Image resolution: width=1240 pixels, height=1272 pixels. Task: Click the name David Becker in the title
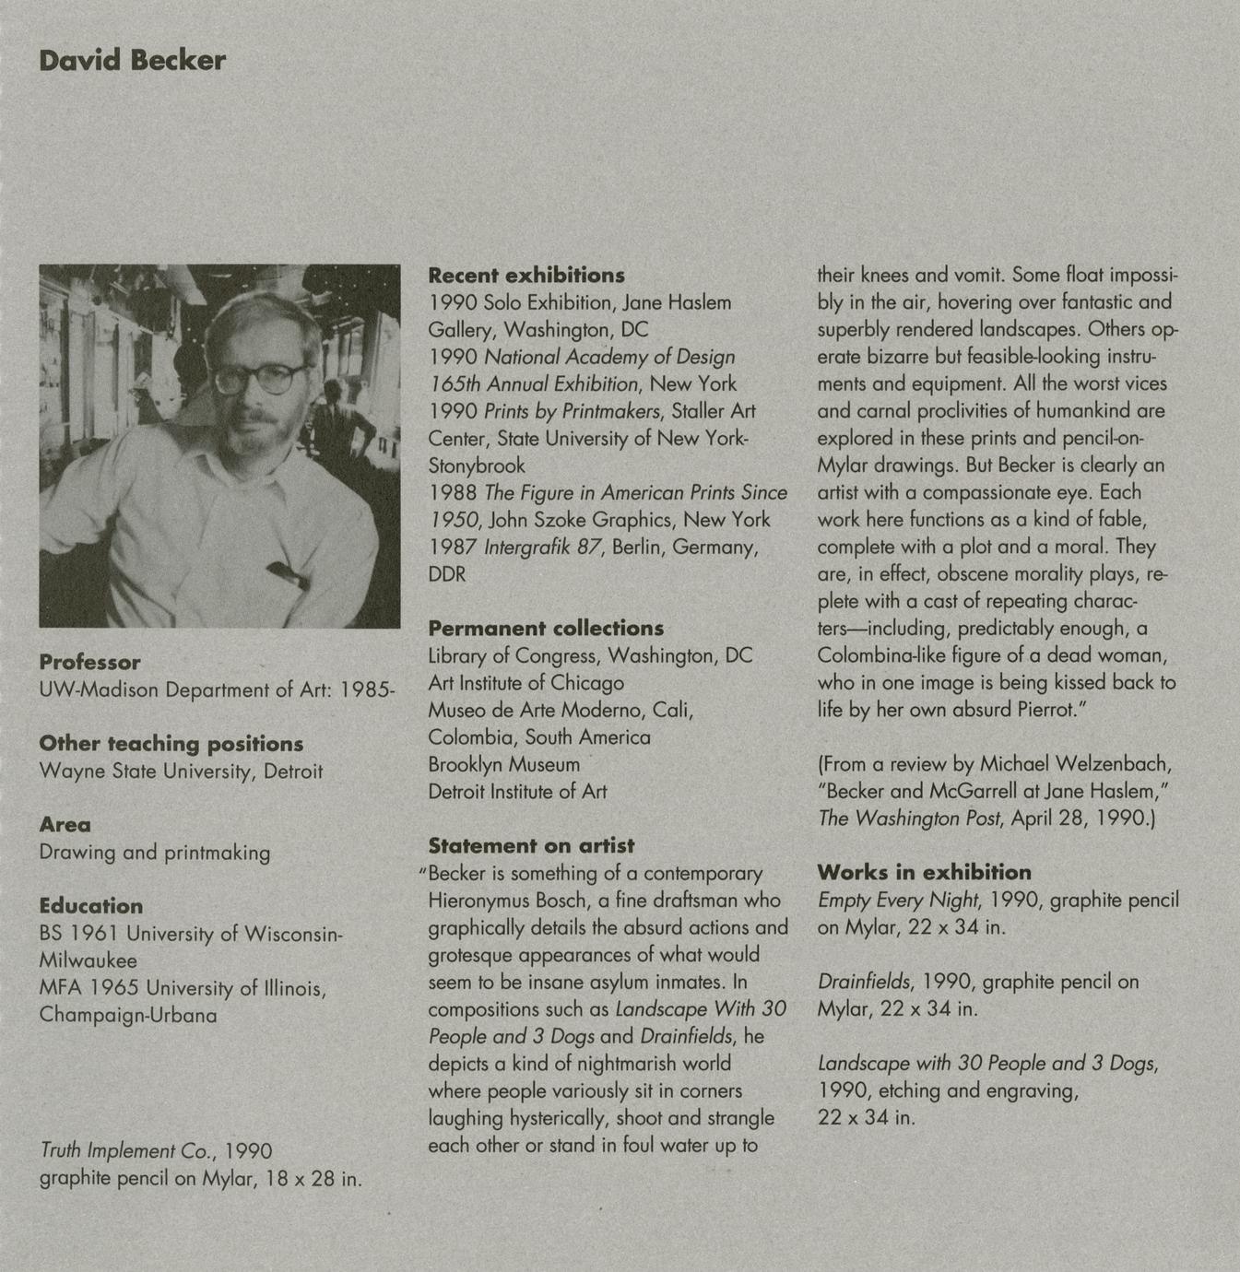[x=132, y=61]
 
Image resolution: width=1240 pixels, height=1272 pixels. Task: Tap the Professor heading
[x=89, y=662]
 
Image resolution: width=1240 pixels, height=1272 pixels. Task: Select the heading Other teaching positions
[x=171, y=744]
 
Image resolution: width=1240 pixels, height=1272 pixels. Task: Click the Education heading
[x=90, y=906]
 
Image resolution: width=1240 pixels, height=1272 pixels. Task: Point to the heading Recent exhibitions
[x=526, y=276]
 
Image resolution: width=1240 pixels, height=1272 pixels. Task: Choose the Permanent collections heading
[x=545, y=629]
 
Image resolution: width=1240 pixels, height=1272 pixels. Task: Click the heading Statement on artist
[x=531, y=845]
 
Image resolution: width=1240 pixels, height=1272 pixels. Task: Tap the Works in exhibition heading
[x=924, y=872]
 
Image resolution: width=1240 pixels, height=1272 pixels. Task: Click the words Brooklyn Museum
[x=503, y=764]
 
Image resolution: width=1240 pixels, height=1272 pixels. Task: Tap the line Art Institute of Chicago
[x=526, y=683]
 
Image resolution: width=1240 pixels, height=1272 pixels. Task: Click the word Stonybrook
[x=476, y=465]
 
